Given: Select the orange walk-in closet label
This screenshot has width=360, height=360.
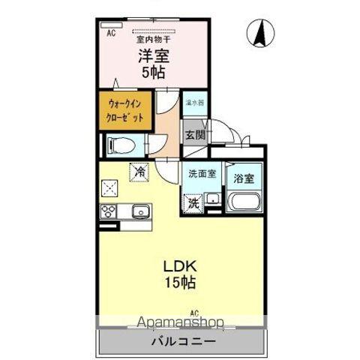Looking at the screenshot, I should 124,111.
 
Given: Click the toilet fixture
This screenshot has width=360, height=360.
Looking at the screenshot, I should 119,143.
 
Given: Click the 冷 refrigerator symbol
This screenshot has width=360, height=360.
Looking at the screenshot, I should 140,172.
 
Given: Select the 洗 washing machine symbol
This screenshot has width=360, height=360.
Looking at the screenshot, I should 193,201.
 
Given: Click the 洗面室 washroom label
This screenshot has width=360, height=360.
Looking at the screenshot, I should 202,173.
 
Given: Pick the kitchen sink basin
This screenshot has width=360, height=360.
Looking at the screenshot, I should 139,211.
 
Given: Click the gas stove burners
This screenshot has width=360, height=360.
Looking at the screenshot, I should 106,211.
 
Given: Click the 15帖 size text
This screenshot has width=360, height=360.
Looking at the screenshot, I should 181,284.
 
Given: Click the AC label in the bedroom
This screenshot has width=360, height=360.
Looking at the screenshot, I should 111,34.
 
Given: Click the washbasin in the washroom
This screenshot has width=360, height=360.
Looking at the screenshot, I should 212,199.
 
